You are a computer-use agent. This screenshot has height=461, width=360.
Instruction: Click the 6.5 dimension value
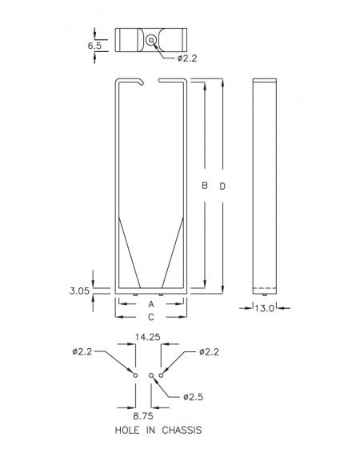tap(94, 46)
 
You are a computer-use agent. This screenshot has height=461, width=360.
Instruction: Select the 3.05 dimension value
tap(79, 291)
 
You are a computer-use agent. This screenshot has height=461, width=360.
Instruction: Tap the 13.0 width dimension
tap(264, 308)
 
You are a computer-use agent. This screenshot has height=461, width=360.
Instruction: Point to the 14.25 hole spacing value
tap(148, 337)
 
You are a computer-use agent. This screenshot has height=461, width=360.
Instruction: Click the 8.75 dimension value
tap(143, 416)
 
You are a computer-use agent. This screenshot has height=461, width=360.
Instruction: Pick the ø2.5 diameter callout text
tap(193, 397)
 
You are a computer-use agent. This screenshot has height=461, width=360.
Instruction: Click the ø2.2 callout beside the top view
tap(187, 58)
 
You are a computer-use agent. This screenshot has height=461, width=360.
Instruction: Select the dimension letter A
tap(151, 304)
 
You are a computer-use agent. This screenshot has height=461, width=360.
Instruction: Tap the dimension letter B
tap(205, 186)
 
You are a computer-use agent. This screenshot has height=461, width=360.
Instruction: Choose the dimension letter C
tap(151, 317)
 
